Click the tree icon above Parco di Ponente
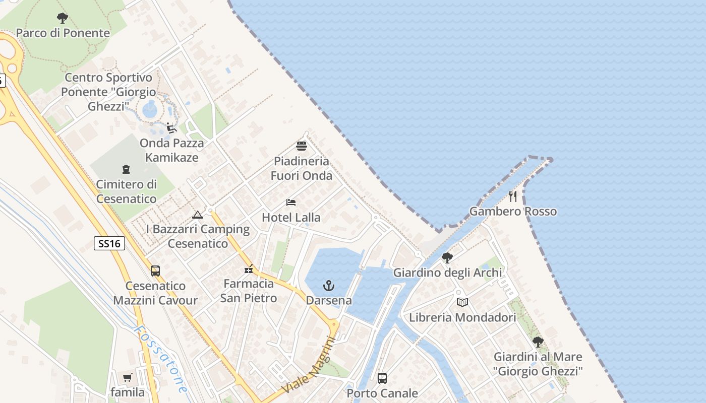click(x=62, y=19)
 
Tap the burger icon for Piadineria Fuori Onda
click(x=302, y=146)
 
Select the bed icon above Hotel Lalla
click(x=291, y=203)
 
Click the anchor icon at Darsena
click(x=329, y=286)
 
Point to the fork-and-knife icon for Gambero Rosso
click(x=513, y=196)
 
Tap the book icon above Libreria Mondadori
click(x=462, y=302)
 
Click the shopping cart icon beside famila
click(x=128, y=377)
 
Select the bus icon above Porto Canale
click(x=382, y=378)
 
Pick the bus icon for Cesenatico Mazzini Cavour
click(x=155, y=271)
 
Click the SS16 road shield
click(x=109, y=244)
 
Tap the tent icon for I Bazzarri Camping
click(x=198, y=215)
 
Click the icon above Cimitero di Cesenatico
click(x=126, y=169)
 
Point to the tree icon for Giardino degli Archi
click(x=447, y=258)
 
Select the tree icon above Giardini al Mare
click(x=538, y=342)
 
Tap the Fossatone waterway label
click(x=161, y=358)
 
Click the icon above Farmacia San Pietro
click(x=249, y=268)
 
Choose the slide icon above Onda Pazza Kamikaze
click(x=171, y=128)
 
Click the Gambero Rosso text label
click(x=513, y=211)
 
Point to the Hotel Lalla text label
click(x=291, y=218)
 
